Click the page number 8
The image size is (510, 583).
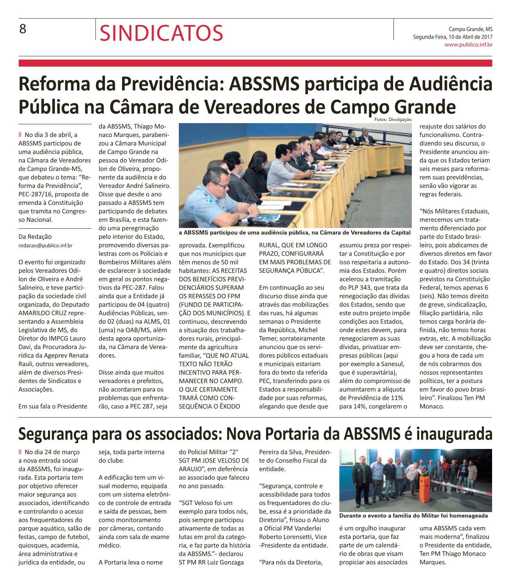[23, 29]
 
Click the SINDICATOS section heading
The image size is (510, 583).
[161, 33]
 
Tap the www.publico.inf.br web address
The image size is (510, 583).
[469, 44]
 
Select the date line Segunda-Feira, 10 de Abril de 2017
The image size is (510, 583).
[453, 37]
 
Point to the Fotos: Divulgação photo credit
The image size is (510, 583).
[393, 119]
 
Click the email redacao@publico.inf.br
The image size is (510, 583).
[45, 246]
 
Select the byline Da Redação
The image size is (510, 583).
[35, 237]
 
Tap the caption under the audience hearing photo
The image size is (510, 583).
[295, 233]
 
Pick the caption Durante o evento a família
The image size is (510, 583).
[413, 516]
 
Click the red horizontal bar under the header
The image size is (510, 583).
[255, 63]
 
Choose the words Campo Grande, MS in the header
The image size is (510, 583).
[470, 29]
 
